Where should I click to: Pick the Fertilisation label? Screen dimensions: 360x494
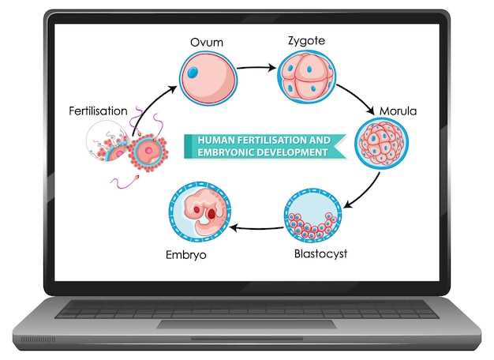(99, 111)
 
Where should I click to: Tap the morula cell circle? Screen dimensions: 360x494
(382, 144)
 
